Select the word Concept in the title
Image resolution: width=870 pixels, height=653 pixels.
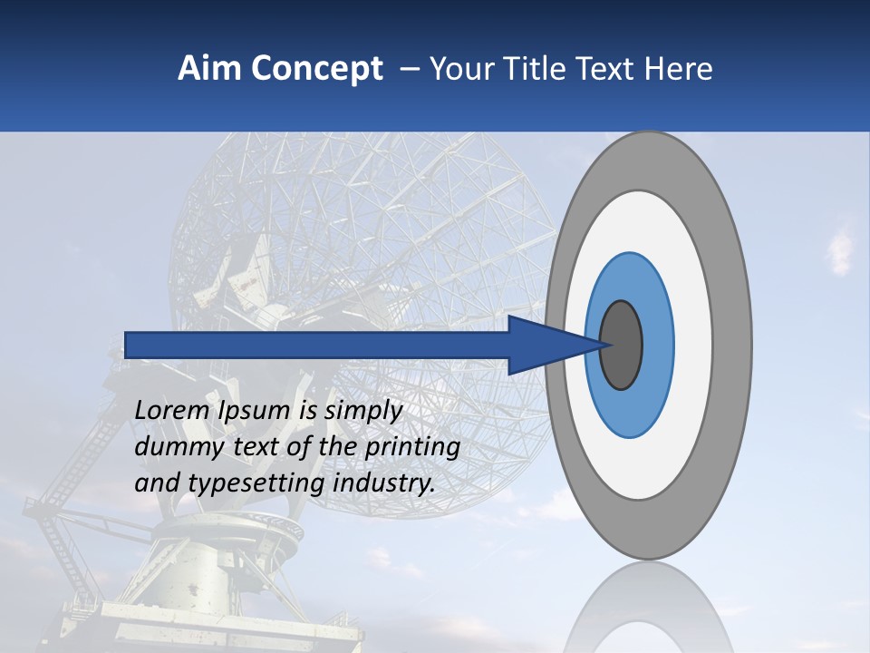point(316,69)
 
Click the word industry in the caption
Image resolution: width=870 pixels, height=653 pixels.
point(384,483)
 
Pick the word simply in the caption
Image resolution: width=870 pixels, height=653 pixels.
point(362,411)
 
